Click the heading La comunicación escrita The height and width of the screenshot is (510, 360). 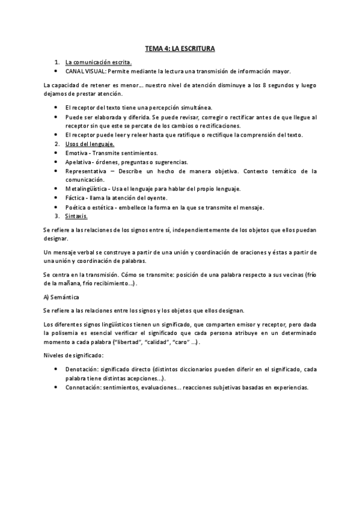coord(99,62)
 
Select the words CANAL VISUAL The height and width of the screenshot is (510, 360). coord(85,70)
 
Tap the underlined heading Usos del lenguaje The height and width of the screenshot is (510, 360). coord(90,144)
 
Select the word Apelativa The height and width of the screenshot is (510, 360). coord(80,162)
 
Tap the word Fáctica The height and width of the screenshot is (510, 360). coord(76,198)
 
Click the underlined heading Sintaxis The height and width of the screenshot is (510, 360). coord(76,216)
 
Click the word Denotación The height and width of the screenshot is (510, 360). coord(85,370)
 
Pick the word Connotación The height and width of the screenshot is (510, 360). coord(87,387)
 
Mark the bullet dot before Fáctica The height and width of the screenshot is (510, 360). coord(55,198)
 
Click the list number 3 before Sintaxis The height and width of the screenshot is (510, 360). coord(56,216)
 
